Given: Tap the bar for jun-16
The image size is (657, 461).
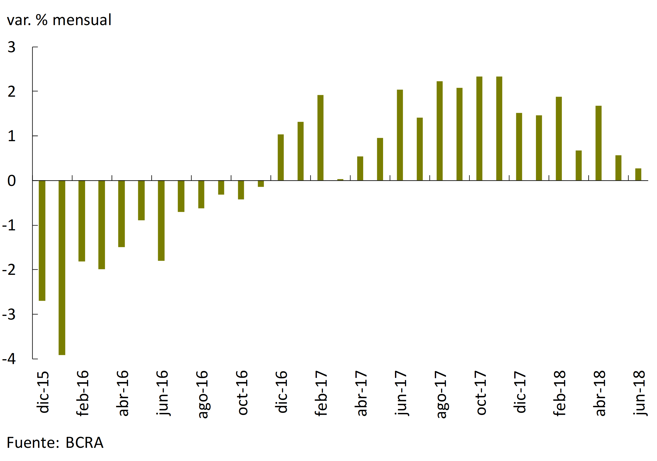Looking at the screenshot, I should tap(161, 221).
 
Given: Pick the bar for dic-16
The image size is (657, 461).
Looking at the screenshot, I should tap(281, 157).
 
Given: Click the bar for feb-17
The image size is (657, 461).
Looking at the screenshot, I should tap(320, 138).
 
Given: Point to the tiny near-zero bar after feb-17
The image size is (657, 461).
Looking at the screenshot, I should tap(340, 180).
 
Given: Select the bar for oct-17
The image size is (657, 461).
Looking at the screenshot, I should tap(479, 129).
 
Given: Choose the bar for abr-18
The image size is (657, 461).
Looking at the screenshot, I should tap(598, 143).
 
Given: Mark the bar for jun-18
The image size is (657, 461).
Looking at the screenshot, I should tap(638, 174).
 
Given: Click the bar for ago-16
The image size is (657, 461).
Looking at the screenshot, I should tap(201, 194).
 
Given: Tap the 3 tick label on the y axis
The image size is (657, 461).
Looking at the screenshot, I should tap(11, 47).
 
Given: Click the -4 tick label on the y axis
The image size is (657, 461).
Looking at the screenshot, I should tap(9, 358).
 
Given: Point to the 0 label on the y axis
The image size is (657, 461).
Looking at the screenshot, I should tap(11, 181).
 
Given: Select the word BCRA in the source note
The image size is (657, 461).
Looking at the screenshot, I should tap(84, 443).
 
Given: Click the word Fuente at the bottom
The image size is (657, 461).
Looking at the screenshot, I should tap(32, 443).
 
